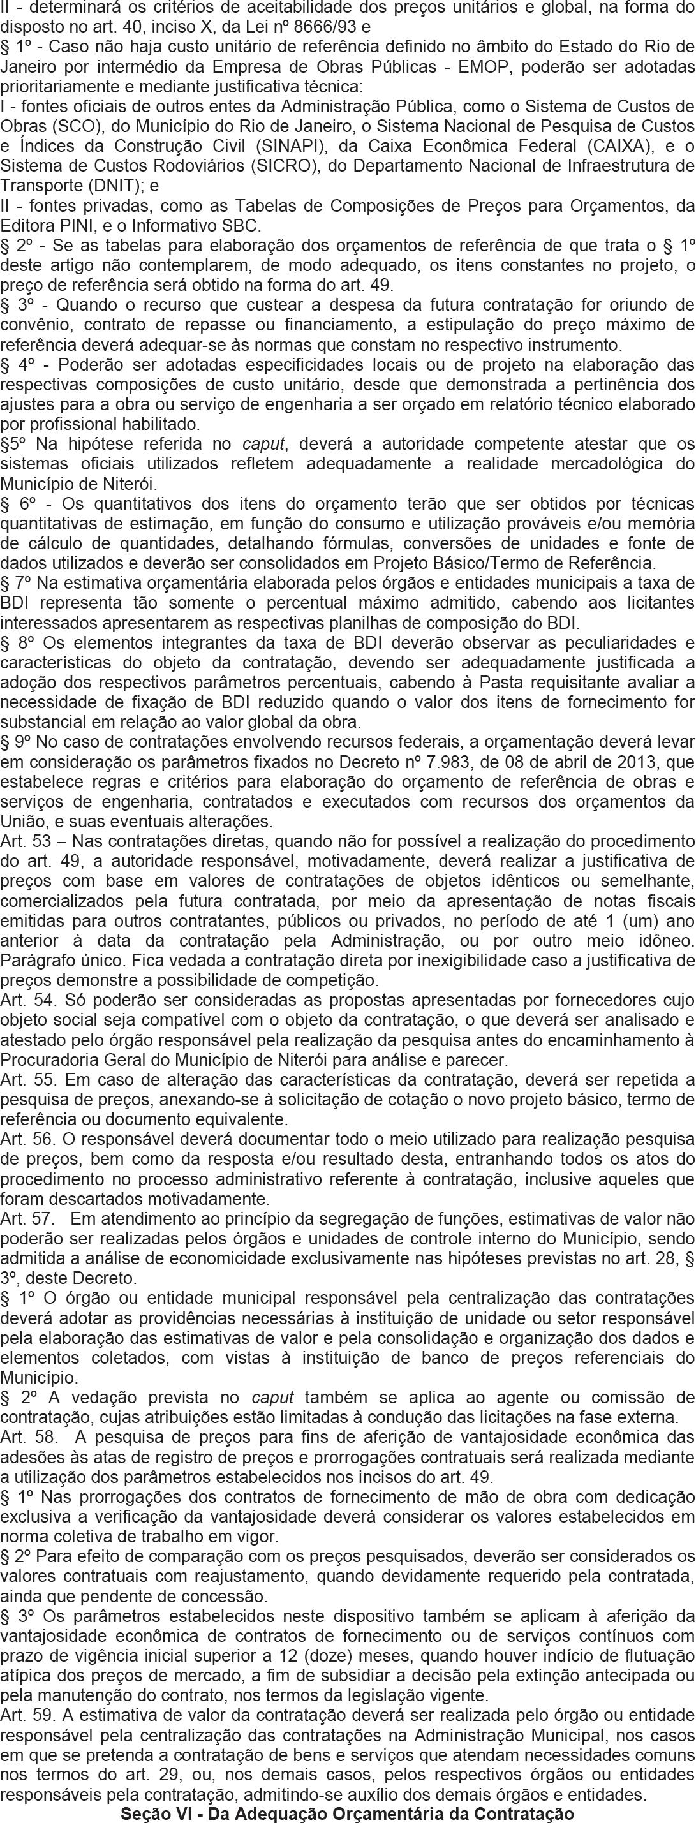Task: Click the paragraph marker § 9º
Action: point(15,743)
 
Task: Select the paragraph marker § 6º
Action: point(19,504)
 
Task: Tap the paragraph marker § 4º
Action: point(19,365)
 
